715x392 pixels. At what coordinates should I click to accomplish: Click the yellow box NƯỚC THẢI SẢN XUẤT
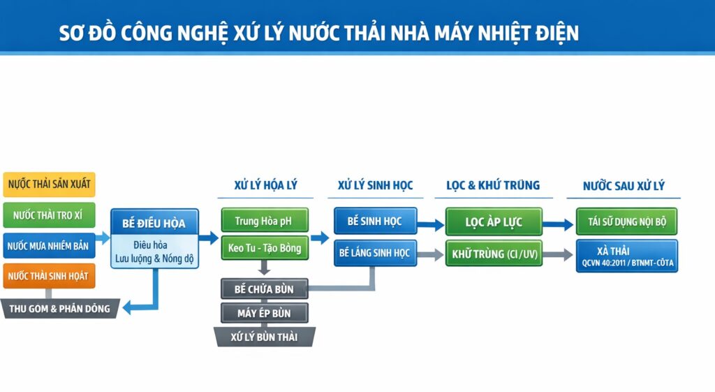(x=49, y=184)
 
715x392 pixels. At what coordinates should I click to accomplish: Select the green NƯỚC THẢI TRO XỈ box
(x=49, y=215)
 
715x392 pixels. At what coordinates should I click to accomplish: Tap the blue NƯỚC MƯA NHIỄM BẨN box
(x=49, y=246)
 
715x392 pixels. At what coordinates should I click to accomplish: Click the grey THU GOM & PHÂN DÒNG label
(x=59, y=308)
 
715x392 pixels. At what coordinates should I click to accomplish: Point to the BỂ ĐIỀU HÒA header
(x=154, y=223)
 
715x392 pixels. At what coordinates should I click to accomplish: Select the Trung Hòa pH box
(x=263, y=222)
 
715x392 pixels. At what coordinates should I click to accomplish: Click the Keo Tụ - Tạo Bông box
(x=263, y=248)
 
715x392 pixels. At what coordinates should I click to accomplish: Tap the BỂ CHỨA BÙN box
(x=264, y=289)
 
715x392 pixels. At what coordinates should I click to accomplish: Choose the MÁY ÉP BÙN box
(x=264, y=313)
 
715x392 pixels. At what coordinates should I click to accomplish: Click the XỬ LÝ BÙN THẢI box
(x=264, y=337)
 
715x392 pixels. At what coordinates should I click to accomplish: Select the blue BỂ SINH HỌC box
(x=375, y=222)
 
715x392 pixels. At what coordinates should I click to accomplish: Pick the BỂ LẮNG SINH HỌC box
(x=375, y=253)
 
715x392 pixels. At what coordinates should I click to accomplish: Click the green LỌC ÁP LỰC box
(x=494, y=222)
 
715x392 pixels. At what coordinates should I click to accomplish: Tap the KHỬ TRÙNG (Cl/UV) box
(x=494, y=254)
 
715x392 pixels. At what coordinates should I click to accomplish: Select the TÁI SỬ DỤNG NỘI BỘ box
(x=626, y=222)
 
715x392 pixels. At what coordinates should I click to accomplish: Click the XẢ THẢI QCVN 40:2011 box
(x=626, y=256)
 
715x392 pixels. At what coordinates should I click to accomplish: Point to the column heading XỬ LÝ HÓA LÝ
(x=265, y=185)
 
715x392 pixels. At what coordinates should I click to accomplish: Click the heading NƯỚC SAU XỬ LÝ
(x=624, y=185)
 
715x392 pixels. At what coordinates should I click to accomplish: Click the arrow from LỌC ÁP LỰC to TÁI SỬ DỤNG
(x=559, y=224)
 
